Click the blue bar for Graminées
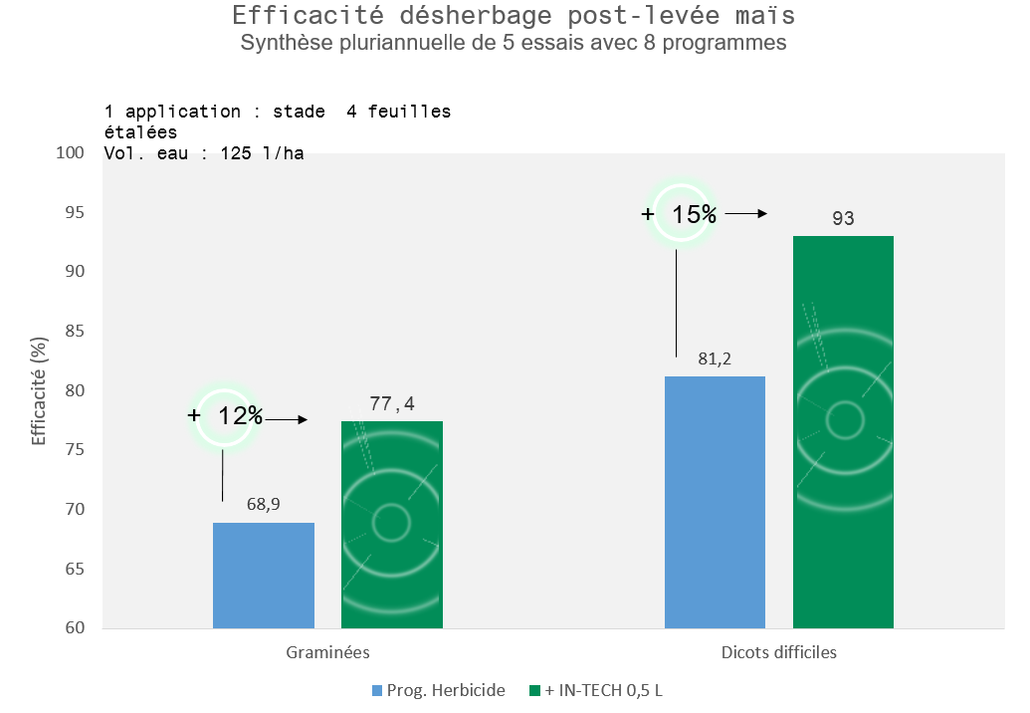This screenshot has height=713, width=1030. (264, 576)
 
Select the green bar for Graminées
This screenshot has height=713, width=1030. (392, 525)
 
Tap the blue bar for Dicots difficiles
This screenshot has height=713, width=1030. (715, 503)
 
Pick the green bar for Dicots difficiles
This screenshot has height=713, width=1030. (844, 432)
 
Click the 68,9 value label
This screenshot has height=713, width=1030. (264, 504)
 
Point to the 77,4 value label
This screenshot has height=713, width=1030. (392, 403)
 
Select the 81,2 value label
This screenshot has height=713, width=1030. (715, 358)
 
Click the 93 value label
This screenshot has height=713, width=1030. (844, 218)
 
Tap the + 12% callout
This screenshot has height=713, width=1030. (225, 416)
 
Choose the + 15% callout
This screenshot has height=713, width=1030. (680, 213)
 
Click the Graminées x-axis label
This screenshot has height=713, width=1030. (327, 652)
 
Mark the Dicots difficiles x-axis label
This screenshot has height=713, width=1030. (779, 652)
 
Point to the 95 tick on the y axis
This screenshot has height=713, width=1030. (75, 212)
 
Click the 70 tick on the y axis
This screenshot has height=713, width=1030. (75, 509)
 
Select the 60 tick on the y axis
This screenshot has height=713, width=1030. (75, 627)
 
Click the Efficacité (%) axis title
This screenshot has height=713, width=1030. (40, 391)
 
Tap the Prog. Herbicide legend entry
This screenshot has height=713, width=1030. (439, 691)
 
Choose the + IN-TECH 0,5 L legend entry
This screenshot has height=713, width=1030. (596, 691)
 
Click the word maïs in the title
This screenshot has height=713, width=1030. (765, 15)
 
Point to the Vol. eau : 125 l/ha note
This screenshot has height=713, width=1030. (204, 153)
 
